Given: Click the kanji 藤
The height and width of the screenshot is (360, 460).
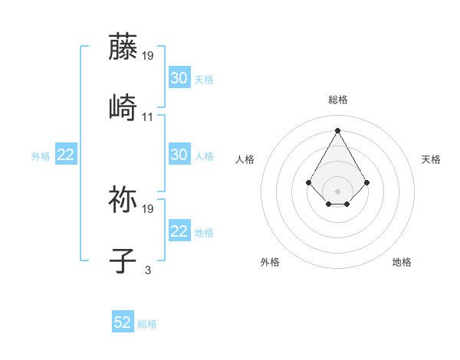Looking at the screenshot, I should pyautogui.click(x=123, y=47).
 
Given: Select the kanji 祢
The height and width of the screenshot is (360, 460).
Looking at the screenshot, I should pyautogui.click(x=123, y=198).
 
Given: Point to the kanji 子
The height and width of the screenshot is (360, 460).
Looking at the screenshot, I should pyautogui.click(x=123, y=260).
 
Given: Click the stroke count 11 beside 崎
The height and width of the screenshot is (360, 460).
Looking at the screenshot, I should pyautogui.click(x=147, y=117).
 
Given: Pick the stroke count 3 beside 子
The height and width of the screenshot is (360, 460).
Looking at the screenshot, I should pyautogui.click(x=147, y=270).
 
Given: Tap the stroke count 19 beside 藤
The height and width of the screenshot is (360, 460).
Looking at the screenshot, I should pyautogui.click(x=148, y=56).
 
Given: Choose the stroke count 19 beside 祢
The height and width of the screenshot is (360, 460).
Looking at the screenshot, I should pyautogui.click(x=148, y=208).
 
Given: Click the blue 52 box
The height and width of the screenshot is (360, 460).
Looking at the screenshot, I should pyautogui.click(x=123, y=323).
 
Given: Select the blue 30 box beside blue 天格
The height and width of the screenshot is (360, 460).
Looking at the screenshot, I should pyautogui.click(x=179, y=78).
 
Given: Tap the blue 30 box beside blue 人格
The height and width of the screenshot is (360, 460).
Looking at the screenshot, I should pyautogui.click(x=179, y=155).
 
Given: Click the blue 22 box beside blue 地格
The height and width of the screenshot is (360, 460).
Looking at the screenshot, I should pyautogui.click(x=179, y=231).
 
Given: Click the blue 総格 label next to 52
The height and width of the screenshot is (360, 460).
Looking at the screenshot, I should pyautogui.click(x=147, y=324).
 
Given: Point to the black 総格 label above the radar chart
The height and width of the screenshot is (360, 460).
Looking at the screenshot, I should pyautogui.click(x=338, y=100).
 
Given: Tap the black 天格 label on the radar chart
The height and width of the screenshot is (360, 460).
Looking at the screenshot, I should pyautogui.click(x=432, y=159).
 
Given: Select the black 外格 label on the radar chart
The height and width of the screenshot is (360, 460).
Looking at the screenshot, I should pyautogui.click(x=270, y=262).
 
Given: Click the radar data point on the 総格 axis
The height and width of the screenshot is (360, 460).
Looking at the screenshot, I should pyautogui.click(x=338, y=130).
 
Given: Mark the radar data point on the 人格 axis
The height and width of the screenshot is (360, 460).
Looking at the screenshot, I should pyautogui.click(x=309, y=182).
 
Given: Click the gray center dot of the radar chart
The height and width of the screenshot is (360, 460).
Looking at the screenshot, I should pyautogui.click(x=338, y=191).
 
